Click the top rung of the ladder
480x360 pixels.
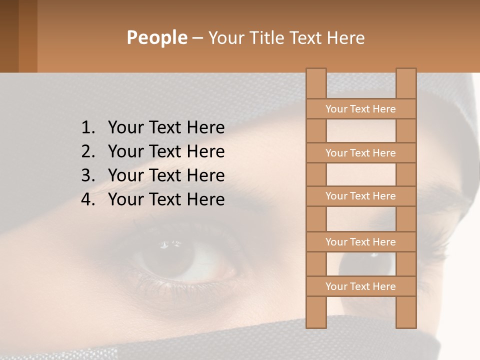361,109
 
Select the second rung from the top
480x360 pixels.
361,153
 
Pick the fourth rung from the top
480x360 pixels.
361,242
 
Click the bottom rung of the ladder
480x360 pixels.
361,286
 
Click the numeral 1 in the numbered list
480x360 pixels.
86,127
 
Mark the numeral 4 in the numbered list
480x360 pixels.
86,199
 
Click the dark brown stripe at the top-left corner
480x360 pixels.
9,36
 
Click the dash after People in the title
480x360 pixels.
197,38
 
